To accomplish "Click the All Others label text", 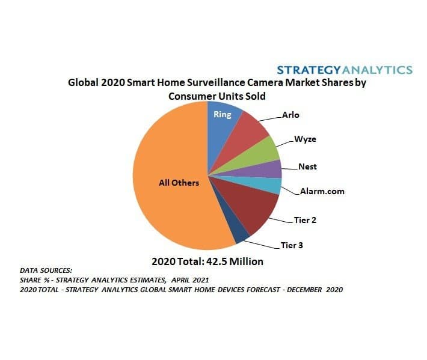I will pos(179,182).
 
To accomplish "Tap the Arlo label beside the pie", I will pos(290,114).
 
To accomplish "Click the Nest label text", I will pos(307,166).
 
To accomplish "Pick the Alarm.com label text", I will pos(322,192).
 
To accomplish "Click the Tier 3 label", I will pos(292,245).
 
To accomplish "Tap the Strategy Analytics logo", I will pos(345,69).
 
